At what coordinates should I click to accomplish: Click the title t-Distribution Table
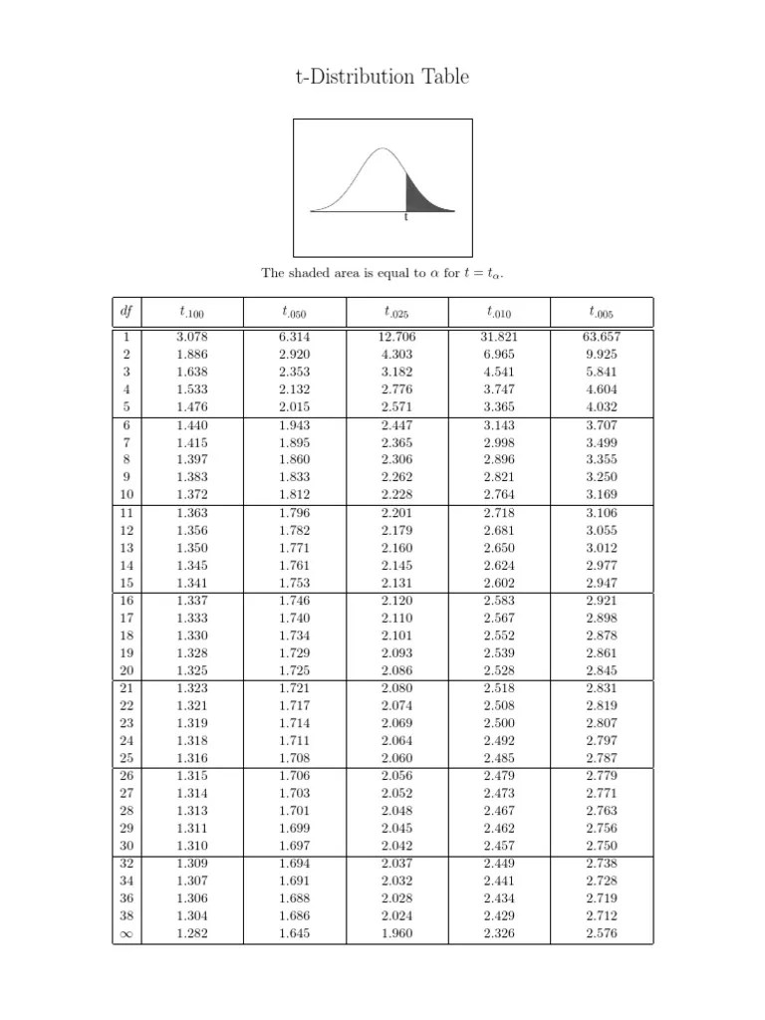point(382,77)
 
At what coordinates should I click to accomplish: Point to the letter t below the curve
point(405,217)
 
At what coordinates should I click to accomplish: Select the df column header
point(127,312)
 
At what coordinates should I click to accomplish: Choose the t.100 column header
point(191,313)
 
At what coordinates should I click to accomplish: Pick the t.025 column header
point(396,313)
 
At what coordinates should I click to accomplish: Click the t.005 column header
point(602,313)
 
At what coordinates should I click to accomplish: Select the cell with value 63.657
point(602,337)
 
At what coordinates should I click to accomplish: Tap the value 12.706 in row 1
point(397,337)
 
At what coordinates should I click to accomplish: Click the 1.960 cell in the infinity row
point(397,933)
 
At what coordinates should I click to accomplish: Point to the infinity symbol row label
point(127,933)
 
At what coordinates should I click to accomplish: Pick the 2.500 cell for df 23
point(499,723)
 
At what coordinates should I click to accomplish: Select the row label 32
point(127,863)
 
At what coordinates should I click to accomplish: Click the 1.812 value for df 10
point(294,495)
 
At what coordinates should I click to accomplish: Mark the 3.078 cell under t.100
point(191,337)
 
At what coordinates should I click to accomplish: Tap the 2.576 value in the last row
point(602,933)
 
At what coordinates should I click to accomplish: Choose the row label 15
point(127,583)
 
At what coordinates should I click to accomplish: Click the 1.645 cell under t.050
point(294,933)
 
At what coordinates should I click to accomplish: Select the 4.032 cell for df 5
point(602,406)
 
